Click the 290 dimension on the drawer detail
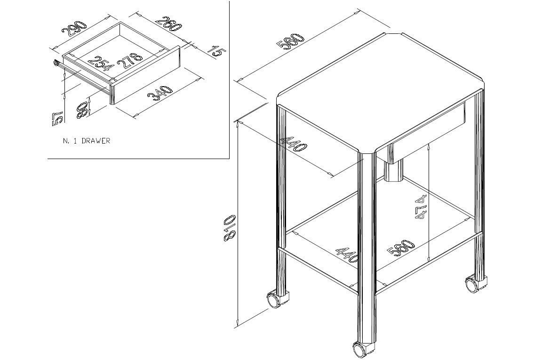(73, 29)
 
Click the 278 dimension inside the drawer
(130, 61)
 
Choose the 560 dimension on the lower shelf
(401, 248)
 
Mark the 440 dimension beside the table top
(293, 144)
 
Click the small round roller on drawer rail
(56, 63)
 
